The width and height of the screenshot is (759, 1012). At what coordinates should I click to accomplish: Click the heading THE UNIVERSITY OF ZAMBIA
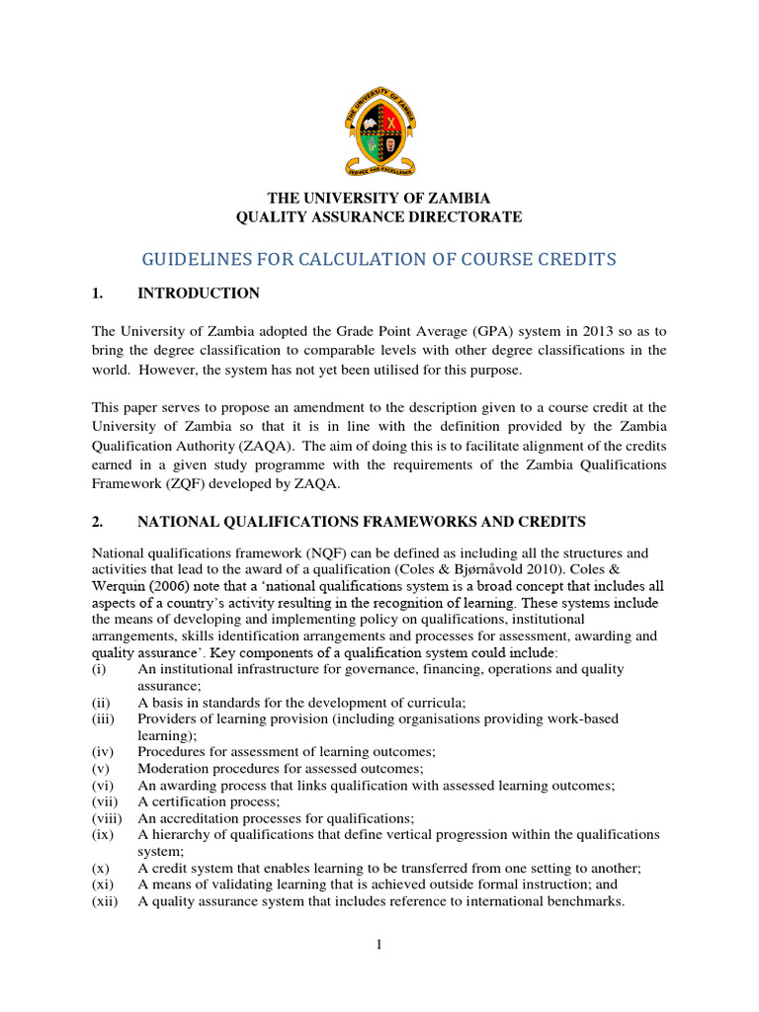[x=379, y=198]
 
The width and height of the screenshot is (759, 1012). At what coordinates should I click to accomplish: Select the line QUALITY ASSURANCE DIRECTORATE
[x=379, y=216]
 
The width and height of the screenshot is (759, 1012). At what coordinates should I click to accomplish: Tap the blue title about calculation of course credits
[x=379, y=259]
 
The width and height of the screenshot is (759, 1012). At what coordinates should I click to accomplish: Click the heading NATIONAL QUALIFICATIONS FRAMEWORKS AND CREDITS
[x=362, y=521]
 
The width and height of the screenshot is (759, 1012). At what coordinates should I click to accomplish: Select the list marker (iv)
[x=102, y=751]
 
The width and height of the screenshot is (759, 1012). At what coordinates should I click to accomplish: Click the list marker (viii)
[x=105, y=818]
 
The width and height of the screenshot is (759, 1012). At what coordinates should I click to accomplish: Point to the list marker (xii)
[x=104, y=901]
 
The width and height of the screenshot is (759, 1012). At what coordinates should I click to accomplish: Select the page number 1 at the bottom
[x=379, y=946]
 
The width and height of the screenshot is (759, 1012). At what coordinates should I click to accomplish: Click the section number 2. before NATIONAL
[x=98, y=521]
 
